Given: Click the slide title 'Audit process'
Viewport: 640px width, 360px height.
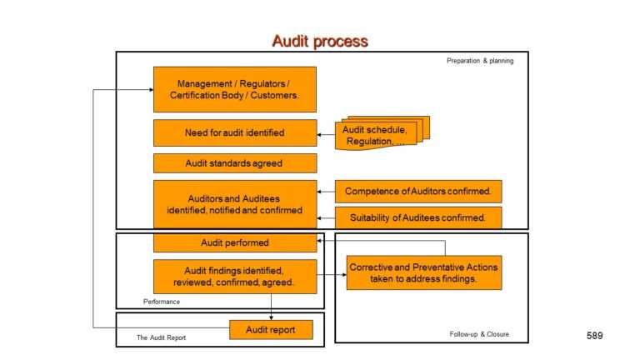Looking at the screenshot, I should pos(319,41).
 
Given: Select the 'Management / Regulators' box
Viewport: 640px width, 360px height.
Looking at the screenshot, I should pos(234,89).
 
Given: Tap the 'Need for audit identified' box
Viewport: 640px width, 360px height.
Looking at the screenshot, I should pos(234,132).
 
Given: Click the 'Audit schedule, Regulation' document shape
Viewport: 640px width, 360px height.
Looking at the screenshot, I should pos(380,134).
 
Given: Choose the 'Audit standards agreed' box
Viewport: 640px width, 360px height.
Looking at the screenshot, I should pos(234,163).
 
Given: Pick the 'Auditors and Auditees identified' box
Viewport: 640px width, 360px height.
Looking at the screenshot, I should pos(234,203).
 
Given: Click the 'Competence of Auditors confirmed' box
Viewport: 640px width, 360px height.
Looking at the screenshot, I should pos(418,192).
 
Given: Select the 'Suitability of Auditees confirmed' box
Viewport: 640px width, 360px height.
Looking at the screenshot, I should pos(418,217).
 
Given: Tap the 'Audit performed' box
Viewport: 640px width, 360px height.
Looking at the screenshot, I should pos(234,242).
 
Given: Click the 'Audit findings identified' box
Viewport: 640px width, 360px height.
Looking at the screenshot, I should pos(234,276).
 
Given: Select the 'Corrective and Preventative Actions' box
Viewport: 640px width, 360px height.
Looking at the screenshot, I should pos(423,272).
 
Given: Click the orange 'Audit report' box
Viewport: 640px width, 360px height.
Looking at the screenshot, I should pos(271,330).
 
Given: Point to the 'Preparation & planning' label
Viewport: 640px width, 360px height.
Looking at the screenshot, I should pos(480,61).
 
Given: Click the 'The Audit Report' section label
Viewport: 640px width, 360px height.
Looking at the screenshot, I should pos(161,337).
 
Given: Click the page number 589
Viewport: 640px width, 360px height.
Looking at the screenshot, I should pos(594,335).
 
